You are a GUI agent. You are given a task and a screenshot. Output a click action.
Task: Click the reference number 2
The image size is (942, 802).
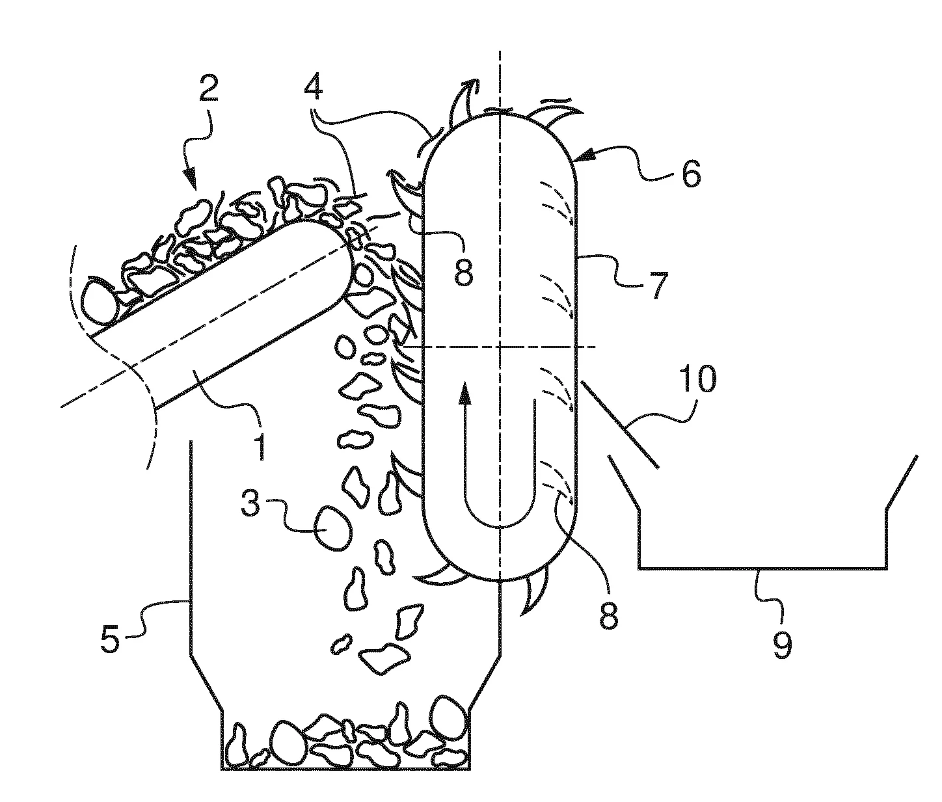tap(208, 90)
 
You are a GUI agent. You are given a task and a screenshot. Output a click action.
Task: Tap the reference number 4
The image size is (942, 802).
tap(314, 85)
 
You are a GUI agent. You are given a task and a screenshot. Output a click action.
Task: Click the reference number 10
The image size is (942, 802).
tap(698, 378)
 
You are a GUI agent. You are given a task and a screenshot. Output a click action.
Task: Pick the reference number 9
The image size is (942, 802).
tap(783, 644)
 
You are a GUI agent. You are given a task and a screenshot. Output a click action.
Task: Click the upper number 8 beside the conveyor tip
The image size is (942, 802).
tap(464, 272)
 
